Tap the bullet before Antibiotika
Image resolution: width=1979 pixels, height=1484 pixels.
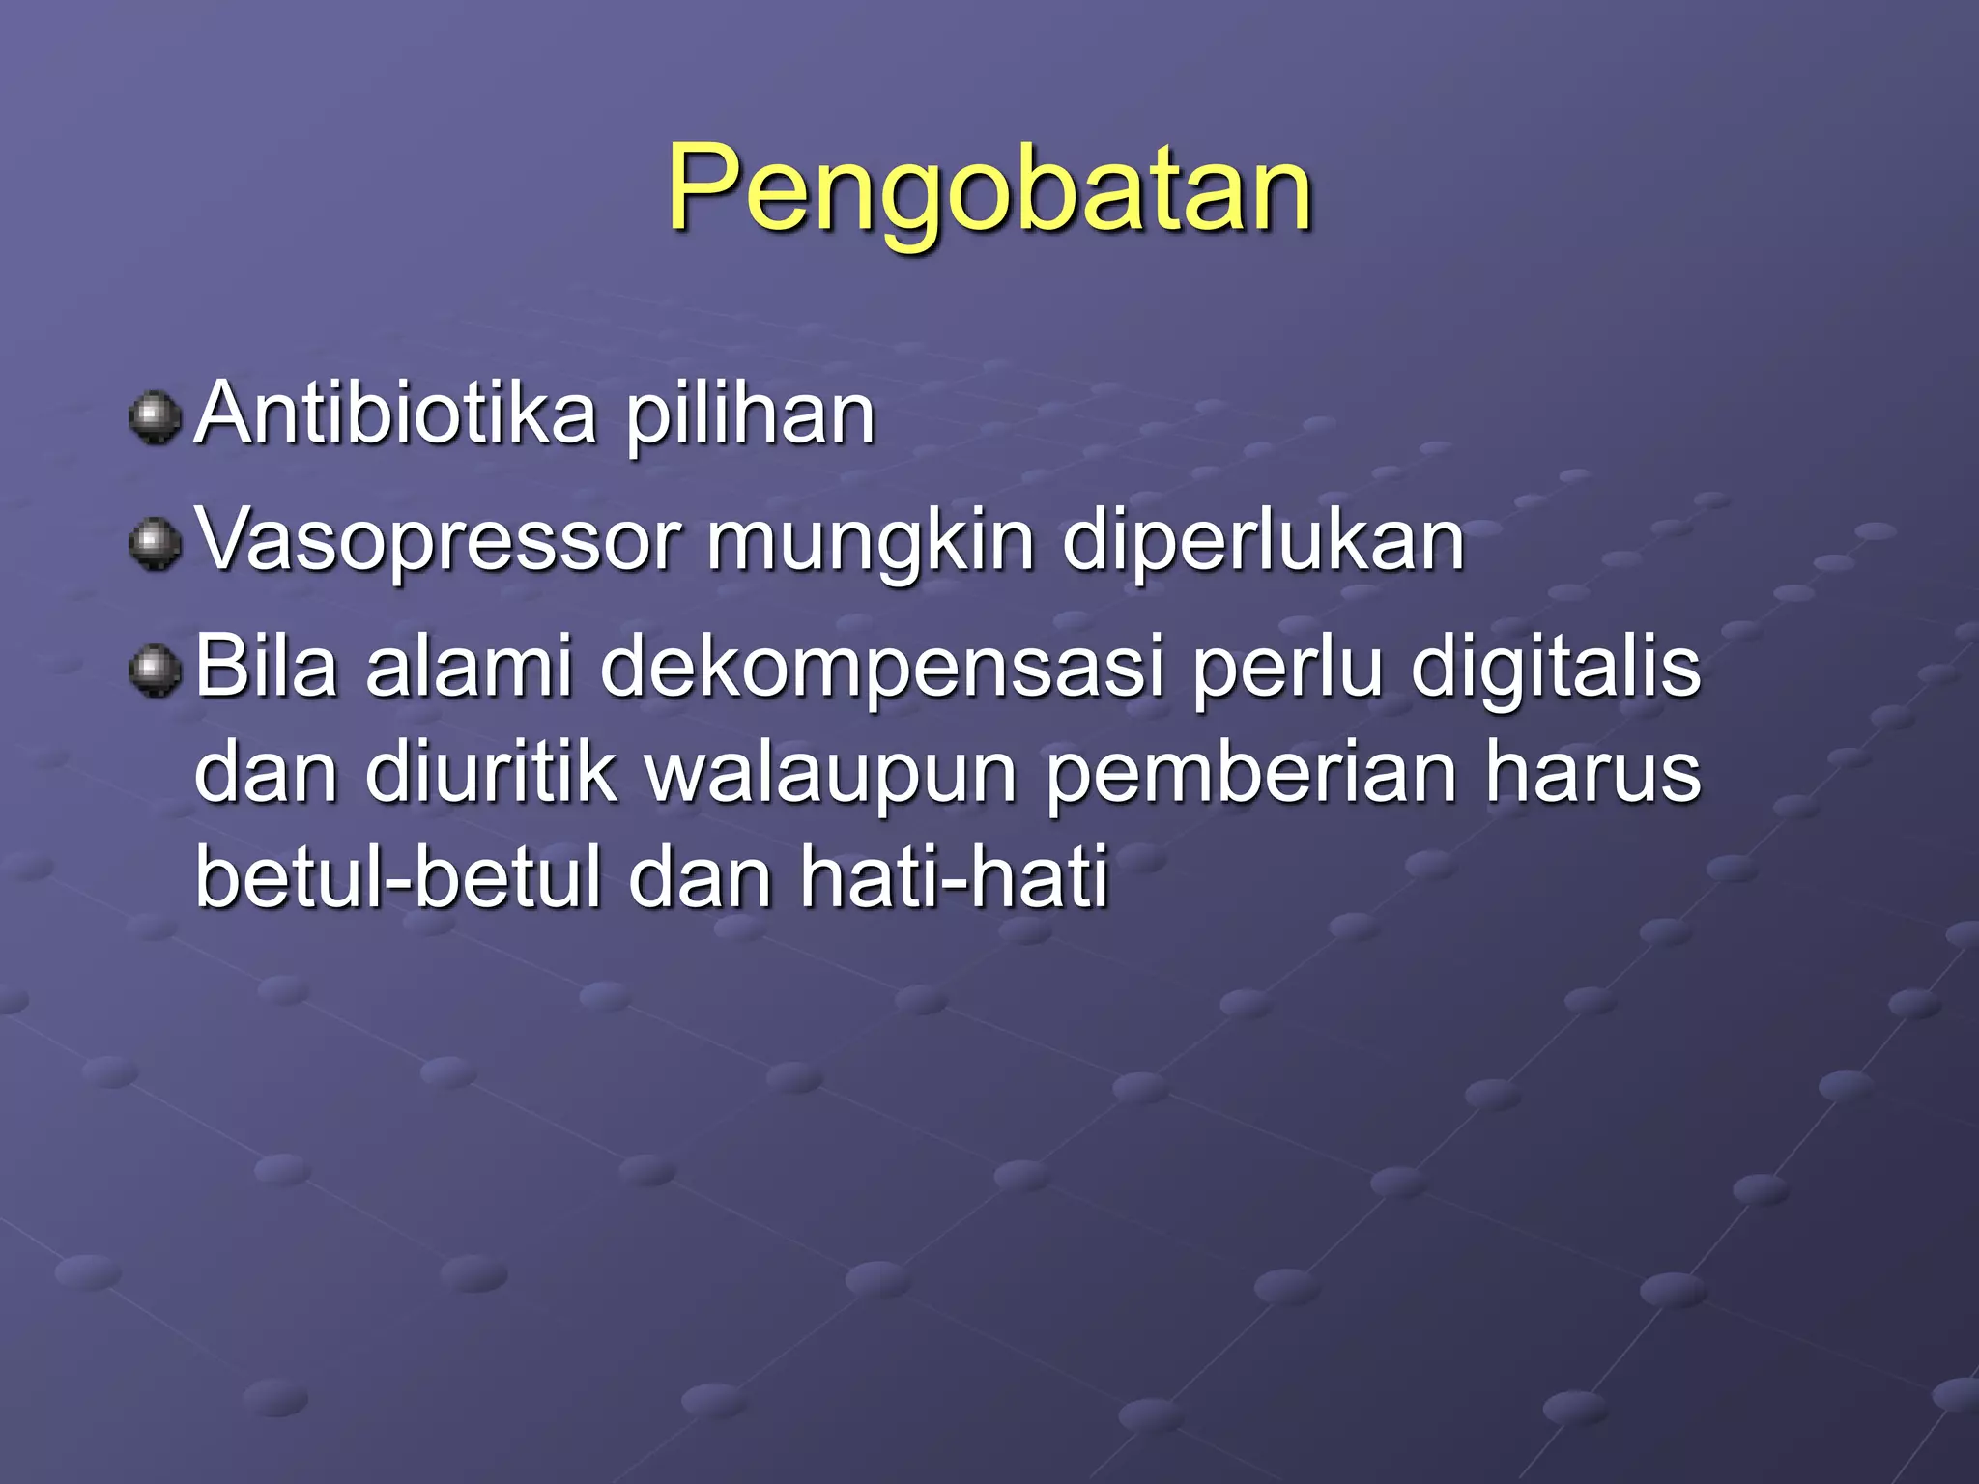tap(155, 417)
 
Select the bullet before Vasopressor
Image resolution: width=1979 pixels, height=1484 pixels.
tap(155, 544)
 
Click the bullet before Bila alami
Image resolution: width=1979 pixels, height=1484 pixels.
tap(155, 671)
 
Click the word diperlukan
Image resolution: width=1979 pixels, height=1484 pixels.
tap(1263, 543)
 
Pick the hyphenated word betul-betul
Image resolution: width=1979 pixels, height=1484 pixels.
tap(398, 877)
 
